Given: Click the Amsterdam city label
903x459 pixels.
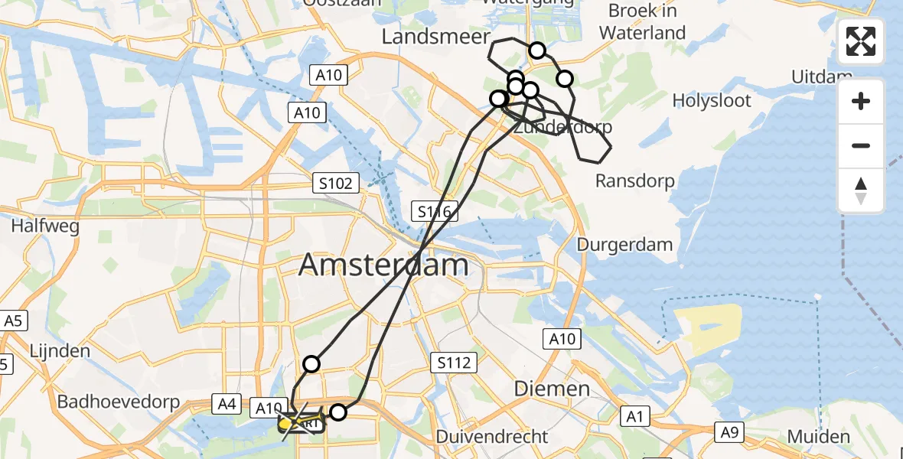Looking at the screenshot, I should (383, 265).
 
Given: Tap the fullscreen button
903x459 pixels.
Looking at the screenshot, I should (861, 41).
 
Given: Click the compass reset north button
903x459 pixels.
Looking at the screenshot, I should (861, 190).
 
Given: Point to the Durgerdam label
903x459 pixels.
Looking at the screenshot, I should (625, 245).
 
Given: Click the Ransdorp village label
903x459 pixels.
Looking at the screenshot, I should (635, 181).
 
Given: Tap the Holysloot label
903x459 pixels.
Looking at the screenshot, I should (712, 100).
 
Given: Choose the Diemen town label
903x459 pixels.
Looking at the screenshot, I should (551, 388).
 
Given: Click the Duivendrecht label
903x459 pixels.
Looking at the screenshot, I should (492, 437).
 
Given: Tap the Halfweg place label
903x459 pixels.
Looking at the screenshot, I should (42, 226).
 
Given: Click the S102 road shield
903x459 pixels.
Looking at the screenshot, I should (336, 184).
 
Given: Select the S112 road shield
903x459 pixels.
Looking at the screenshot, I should (454, 363).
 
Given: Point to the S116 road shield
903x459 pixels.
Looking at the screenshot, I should (434, 212).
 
